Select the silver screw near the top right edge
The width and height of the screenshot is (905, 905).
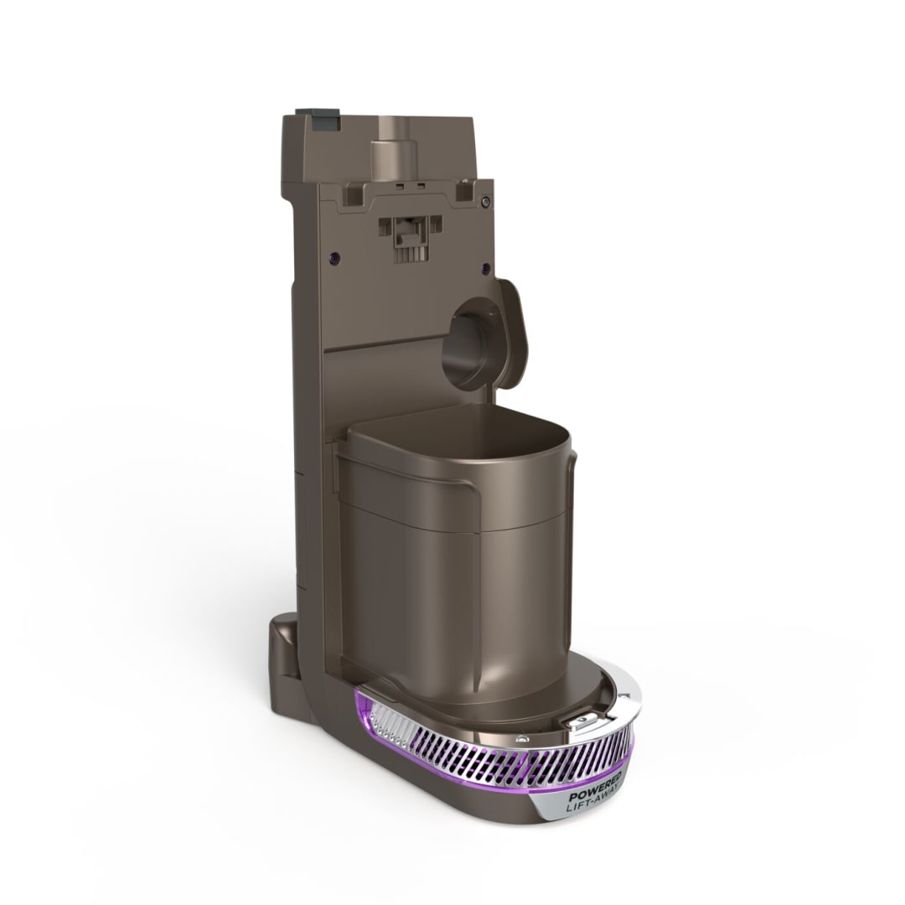486,201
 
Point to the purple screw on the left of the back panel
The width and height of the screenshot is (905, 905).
334,257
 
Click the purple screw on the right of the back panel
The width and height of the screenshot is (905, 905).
485,268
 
